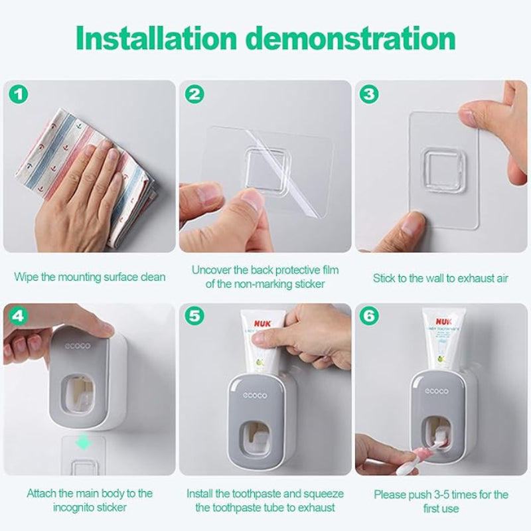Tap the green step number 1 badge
(x=20, y=94)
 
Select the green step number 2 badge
(x=194, y=94)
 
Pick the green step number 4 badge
(x=20, y=316)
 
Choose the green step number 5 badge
(x=194, y=316)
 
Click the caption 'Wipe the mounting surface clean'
(x=90, y=277)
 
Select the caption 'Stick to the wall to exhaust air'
(x=440, y=277)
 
